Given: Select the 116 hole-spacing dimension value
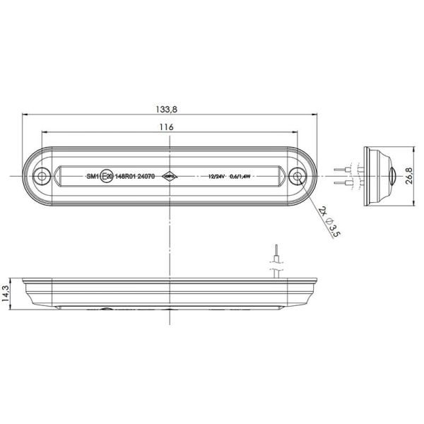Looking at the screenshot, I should [x=167, y=126].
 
